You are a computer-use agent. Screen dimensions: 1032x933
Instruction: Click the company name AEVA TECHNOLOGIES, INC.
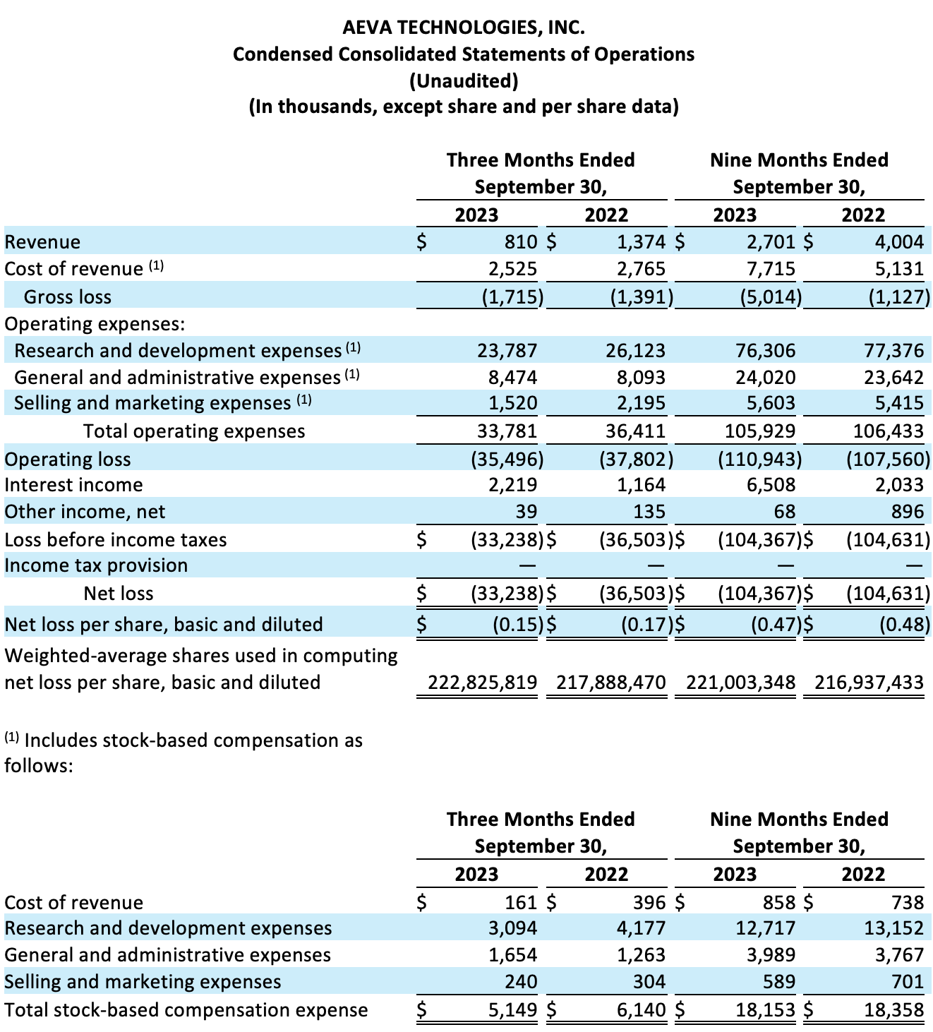click(x=464, y=28)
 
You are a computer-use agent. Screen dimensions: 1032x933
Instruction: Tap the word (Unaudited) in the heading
click(x=464, y=80)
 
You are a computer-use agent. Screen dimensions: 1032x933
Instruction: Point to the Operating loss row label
click(x=68, y=460)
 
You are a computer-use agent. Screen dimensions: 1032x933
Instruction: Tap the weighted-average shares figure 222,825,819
click(x=483, y=683)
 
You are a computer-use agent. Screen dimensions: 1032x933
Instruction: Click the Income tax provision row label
click(x=96, y=565)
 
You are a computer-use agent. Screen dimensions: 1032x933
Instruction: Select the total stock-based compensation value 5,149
click(x=512, y=1010)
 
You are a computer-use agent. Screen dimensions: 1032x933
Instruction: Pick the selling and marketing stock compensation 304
click(x=649, y=982)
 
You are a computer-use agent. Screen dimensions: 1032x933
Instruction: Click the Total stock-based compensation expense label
click(x=186, y=1010)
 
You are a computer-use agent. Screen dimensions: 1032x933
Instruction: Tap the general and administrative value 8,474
click(x=512, y=378)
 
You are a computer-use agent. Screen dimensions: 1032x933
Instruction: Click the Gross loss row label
click(x=68, y=297)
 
